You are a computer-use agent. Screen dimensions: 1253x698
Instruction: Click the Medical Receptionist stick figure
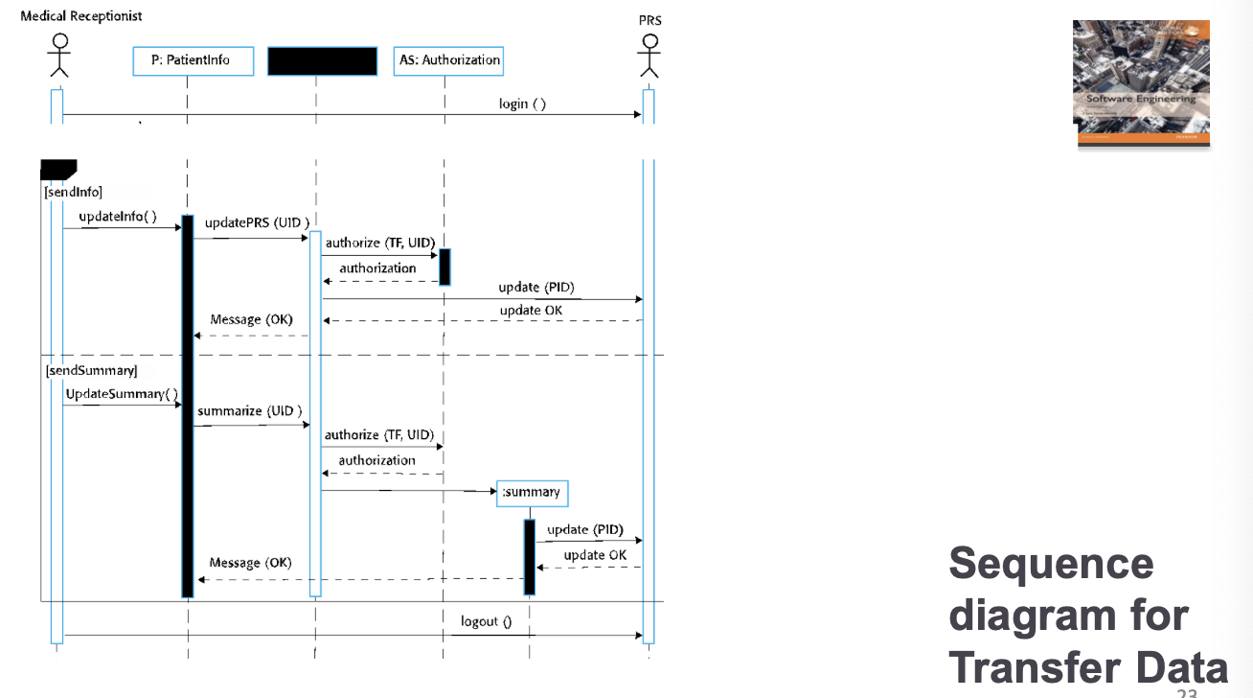tap(59, 56)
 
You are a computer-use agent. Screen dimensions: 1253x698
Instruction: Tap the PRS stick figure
tap(649, 56)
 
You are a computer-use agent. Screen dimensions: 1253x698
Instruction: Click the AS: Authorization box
tap(449, 60)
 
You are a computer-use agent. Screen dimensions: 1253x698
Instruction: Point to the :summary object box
tap(533, 493)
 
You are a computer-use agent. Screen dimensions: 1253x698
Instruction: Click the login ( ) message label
tap(522, 104)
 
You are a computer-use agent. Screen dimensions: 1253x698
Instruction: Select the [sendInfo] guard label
tap(74, 192)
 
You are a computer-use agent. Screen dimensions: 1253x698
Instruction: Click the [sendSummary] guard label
tap(91, 370)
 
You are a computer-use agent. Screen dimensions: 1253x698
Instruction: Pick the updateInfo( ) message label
tap(117, 217)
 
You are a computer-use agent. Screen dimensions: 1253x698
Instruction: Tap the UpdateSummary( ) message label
tap(122, 394)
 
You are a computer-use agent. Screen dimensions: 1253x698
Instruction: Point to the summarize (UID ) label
tap(250, 410)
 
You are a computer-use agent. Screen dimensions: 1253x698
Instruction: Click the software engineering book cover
tap(1140, 83)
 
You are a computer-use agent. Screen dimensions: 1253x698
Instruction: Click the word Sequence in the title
tap(1051, 563)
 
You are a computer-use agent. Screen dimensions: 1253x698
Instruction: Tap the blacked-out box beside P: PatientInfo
tap(322, 60)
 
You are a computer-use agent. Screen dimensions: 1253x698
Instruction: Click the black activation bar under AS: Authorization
tap(444, 267)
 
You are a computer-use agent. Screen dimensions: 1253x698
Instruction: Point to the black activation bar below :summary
tap(529, 557)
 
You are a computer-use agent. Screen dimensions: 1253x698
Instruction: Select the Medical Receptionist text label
tap(81, 16)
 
